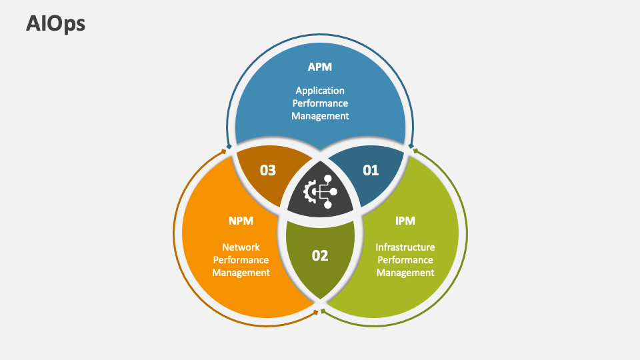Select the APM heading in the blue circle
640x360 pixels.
(x=319, y=67)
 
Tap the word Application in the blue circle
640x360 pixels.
(x=320, y=90)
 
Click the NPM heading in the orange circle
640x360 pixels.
(x=241, y=220)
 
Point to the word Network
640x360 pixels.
(x=241, y=247)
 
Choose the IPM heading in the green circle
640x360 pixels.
(x=405, y=220)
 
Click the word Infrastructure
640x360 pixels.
(x=405, y=247)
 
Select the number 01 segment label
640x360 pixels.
(x=371, y=170)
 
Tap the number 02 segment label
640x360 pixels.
(x=320, y=255)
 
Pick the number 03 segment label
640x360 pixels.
(x=268, y=170)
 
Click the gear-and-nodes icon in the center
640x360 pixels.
(x=320, y=192)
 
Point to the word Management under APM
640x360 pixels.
(x=320, y=115)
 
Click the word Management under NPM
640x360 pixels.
(x=241, y=272)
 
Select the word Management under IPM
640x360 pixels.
(x=405, y=272)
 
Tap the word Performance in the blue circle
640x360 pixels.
(x=320, y=103)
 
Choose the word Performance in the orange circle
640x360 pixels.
(x=241, y=260)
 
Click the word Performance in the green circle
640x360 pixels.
(x=405, y=260)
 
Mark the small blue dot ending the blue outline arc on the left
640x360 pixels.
(x=229, y=146)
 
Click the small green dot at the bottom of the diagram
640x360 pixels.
(x=323, y=311)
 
